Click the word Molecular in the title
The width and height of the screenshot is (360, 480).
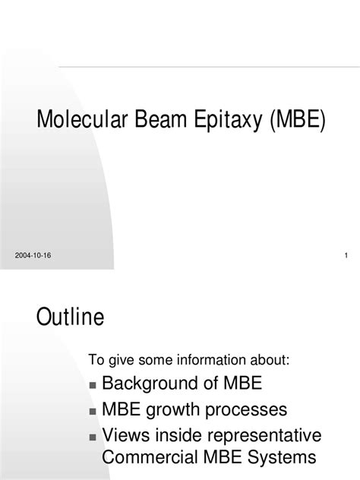tap(82, 118)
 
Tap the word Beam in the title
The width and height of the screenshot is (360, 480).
tap(160, 118)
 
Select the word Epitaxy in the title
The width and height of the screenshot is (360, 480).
tap(228, 120)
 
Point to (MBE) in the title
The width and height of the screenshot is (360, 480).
tap(297, 119)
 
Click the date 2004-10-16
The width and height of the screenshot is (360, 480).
tap(33, 255)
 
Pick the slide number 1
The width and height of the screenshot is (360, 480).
tap(346, 255)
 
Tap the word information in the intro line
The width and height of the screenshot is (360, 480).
tap(212, 359)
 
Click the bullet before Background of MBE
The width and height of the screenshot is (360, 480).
tap(93, 385)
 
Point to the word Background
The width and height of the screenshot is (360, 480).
tap(150, 384)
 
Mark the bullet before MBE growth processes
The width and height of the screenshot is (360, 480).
tap(93, 411)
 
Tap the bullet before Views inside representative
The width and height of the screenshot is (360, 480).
tap(93, 437)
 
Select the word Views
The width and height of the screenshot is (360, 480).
tap(126, 435)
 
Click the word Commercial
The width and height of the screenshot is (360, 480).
tap(150, 457)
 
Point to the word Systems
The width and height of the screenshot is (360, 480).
tap(282, 458)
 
